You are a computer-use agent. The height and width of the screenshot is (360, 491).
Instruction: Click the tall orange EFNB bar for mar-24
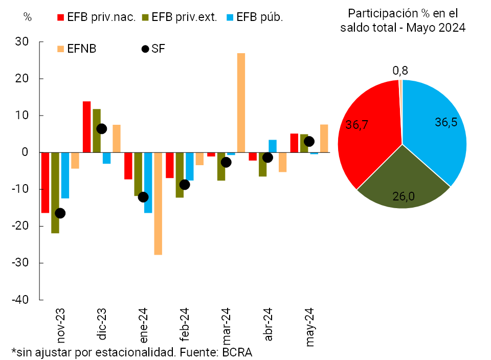(x=241, y=102)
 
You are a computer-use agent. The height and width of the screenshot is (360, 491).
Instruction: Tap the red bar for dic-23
(x=87, y=127)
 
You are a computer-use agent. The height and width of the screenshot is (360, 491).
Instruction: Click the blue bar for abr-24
(x=273, y=146)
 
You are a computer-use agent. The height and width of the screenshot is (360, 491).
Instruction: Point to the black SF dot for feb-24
(x=185, y=185)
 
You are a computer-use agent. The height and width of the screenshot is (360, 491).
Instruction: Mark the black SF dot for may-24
(x=309, y=142)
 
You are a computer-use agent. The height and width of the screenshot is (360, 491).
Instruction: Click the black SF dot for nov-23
(x=60, y=213)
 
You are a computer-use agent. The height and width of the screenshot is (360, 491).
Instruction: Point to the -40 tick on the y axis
(x=23, y=300)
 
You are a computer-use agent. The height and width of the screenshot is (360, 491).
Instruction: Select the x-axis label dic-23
(x=102, y=325)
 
